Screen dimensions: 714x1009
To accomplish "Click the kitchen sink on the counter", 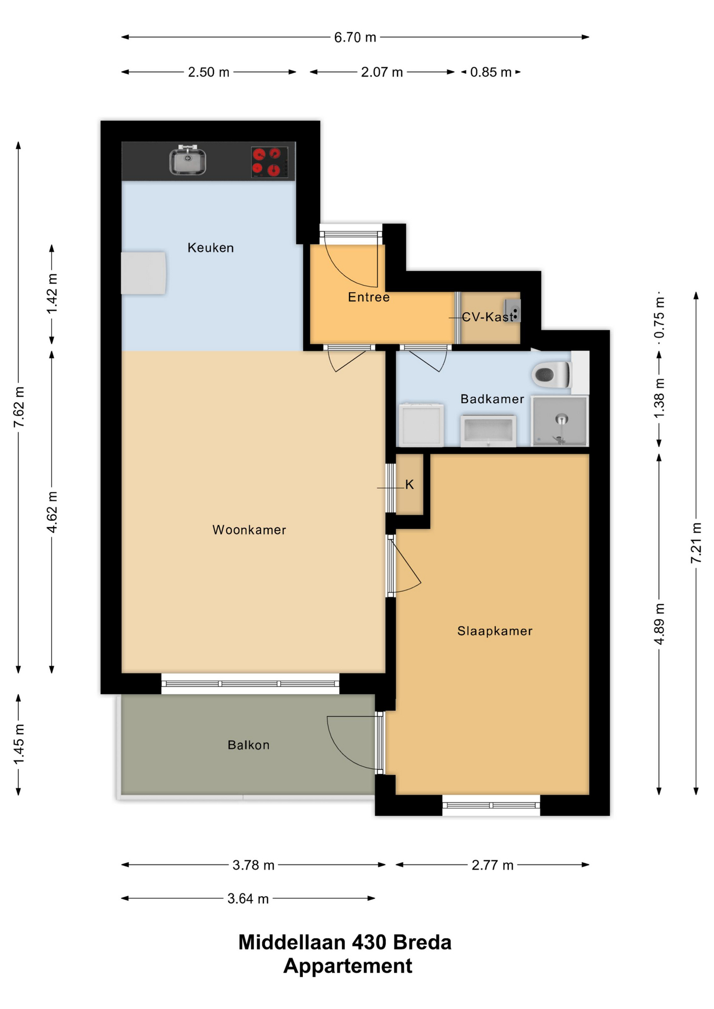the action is (x=188, y=160).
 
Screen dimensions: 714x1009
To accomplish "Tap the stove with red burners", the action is (x=269, y=162).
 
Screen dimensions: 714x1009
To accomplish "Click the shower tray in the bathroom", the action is (x=559, y=421).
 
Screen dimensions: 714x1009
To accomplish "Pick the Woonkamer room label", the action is (x=249, y=530).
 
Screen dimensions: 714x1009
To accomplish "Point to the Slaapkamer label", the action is (x=495, y=631).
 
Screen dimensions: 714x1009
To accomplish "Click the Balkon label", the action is (x=249, y=745).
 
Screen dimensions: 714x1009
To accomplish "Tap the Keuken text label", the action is (x=211, y=248).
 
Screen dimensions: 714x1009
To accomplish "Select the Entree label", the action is (x=369, y=297).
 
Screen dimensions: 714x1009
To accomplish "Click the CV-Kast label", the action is (x=488, y=317).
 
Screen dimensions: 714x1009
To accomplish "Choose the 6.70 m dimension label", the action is (x=355, y=37).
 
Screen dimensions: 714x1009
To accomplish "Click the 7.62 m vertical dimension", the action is (x=19, y=407).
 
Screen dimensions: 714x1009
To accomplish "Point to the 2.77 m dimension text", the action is (x=493, y=865).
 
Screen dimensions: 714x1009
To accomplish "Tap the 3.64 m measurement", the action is (x=248, y=899).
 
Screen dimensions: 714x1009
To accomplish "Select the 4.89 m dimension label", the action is (x=659, y=624).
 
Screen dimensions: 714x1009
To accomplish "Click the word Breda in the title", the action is (x=422, y=943).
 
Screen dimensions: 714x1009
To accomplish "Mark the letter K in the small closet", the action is (x=410, y=485).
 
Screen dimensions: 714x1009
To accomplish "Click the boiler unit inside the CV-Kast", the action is (x=513, y=310).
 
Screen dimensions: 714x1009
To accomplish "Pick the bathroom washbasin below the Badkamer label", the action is (x=488, y=430).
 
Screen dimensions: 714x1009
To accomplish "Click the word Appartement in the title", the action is (x=348, y=966).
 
